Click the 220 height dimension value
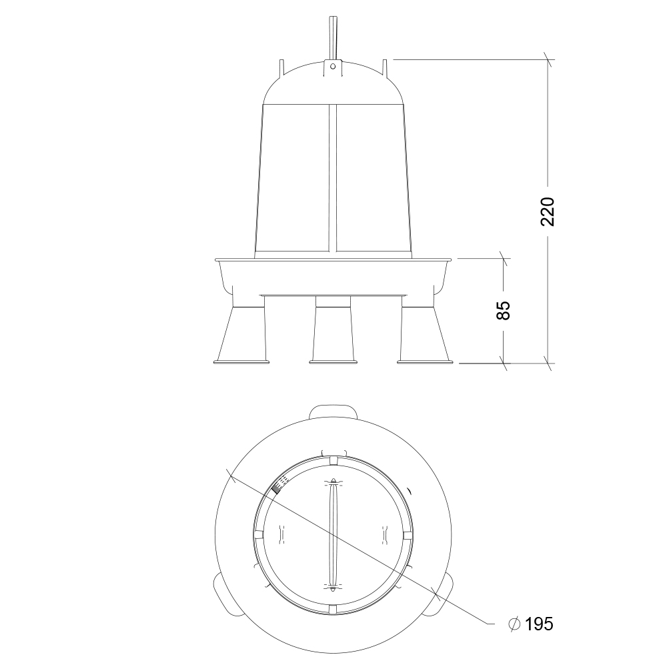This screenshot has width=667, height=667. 548,212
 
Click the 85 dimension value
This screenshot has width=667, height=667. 503,311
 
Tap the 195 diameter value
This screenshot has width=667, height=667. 539,624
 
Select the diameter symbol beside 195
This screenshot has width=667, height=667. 514,624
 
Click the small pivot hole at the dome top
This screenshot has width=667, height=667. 333,66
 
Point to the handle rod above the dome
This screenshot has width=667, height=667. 333,38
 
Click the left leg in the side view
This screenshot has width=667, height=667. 241,335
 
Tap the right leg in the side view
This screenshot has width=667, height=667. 425,335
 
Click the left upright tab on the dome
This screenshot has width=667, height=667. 281,70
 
